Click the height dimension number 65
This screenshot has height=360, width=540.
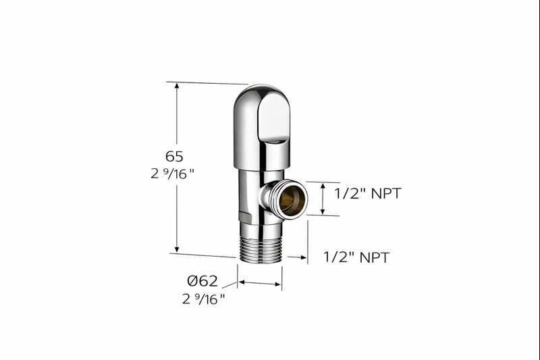pyautogui.click(x=174, y=157)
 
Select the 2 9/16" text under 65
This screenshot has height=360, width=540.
pyautogui.click(x=173, y=173)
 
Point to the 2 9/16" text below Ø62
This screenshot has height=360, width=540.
pyautogui.click(x=203, y=299)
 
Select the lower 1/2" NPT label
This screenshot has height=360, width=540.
pyautogui.click(x=356, y=257)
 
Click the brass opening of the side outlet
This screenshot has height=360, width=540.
pyautogui.click(x=292, y=201)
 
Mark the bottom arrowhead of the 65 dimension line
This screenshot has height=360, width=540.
pyautogui.click(x=177, y=249)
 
